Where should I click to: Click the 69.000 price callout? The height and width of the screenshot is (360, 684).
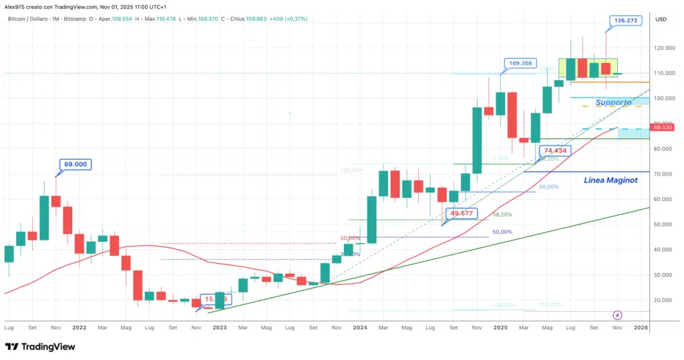[x=74, y=164]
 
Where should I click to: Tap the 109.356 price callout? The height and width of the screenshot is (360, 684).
[x=521, y=63]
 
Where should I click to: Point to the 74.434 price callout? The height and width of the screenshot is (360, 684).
[x=555, y=151]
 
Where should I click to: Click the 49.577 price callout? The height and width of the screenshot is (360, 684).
[x=462, y=214]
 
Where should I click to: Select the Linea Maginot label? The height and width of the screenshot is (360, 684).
[x=611, y=180]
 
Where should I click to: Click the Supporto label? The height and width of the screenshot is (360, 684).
[x=613, y=102]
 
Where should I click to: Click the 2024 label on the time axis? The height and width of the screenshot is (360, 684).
[x=360, y=328]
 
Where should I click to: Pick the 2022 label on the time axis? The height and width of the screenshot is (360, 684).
[x=79, y=328]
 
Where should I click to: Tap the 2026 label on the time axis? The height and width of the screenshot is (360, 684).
[x=640, y=328]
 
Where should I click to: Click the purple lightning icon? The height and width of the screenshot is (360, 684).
[x=617, y=315]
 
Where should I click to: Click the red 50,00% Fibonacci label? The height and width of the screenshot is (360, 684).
[x=350, y=238]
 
